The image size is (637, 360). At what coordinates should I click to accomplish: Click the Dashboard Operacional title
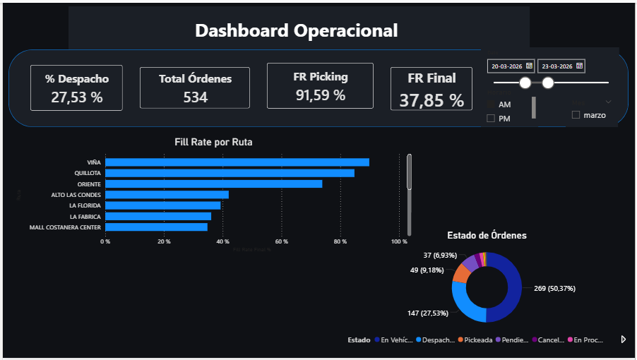tap(296, 30)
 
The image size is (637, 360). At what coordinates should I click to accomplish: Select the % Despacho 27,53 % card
tap(77, 88)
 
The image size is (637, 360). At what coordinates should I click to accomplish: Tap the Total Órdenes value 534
tap(195, 97)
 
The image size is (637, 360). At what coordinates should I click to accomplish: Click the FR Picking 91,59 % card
tap(320, 85)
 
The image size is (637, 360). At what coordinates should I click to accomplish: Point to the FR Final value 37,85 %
tap(431, 100)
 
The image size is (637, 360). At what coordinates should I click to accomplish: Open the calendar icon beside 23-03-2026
tap(580, 66)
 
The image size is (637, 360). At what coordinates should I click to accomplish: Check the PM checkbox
tap(491, 119)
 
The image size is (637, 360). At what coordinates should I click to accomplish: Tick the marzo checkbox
tap(576, 114)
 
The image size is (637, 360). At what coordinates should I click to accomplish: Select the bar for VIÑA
tap(237, 162)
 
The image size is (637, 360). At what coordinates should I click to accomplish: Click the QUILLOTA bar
tap(230, 173)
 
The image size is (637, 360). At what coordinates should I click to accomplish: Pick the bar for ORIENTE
tap(213, 184)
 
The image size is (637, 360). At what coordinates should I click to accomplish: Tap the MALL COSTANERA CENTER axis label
tap(65, 227)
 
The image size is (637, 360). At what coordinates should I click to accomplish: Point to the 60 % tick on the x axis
tap(282, 241)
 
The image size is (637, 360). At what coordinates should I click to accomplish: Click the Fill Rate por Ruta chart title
tap(213, 142)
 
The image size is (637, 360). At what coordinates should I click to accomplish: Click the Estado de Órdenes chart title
tap(487, 235)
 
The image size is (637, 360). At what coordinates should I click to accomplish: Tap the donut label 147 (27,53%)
tap(419, 313)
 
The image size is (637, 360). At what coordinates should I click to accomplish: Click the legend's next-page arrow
tap(623, 340)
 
